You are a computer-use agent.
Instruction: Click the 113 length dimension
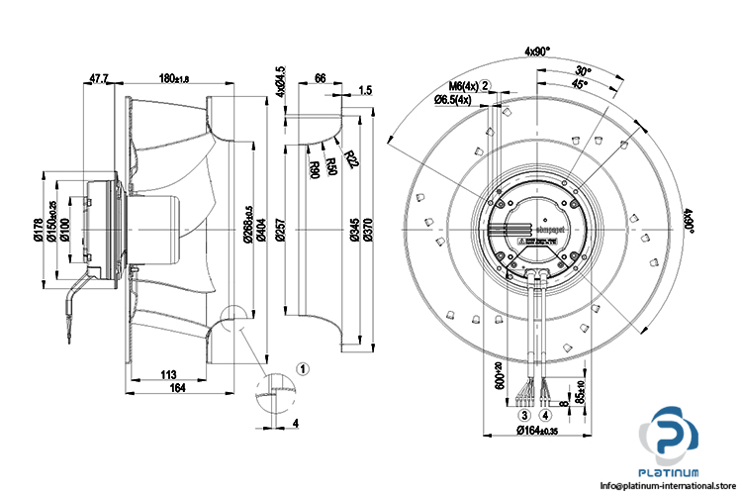click(167, 375)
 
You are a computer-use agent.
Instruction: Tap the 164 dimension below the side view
click(175, 388)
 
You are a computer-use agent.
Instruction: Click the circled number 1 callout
click(304, 367)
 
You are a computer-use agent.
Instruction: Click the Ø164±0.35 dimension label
click(541, 431)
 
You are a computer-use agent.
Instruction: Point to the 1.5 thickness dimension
click(365, 91)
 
